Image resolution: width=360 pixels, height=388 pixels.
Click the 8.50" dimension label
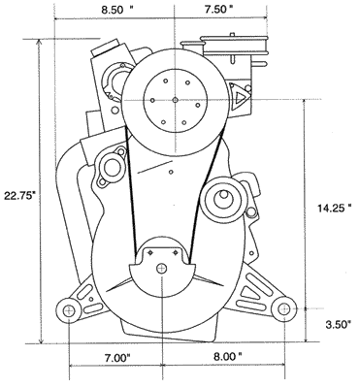point(117,10)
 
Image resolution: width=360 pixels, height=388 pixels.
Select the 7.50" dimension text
point(218,10)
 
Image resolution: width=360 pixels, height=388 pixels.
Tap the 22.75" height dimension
point(19,196)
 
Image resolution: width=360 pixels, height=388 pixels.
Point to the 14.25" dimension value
point(334,209)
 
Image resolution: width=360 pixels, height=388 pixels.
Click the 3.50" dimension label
point(338,325)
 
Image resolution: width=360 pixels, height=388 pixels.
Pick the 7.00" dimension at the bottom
point(117,358)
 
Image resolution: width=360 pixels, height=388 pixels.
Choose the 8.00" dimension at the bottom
point(228,357)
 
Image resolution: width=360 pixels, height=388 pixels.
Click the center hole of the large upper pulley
point(175,100)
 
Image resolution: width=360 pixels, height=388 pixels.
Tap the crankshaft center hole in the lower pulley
point(161,268)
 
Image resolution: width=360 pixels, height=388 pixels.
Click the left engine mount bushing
point(69,311)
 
